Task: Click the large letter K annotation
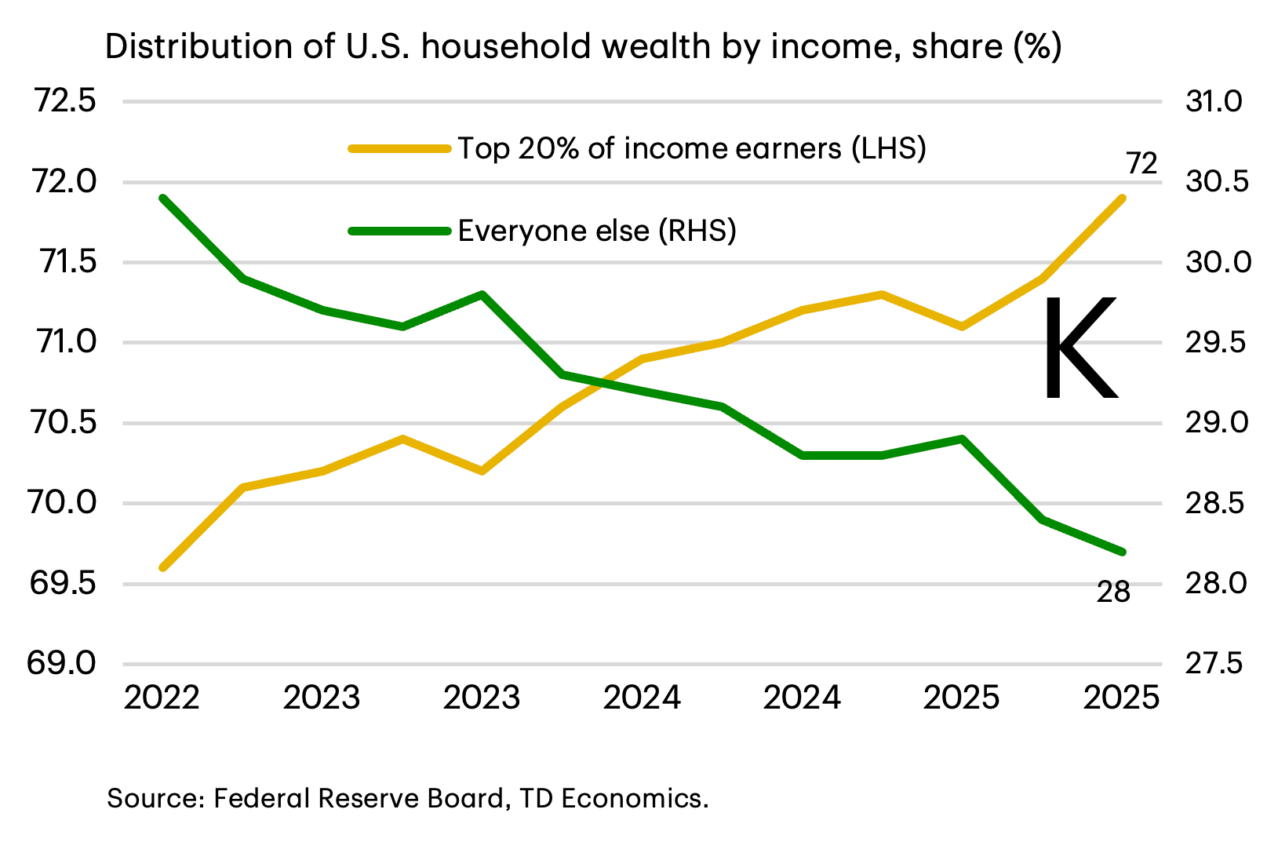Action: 1080,348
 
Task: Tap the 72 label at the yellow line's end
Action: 1141,164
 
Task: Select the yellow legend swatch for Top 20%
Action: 399,148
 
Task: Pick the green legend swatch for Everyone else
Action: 399,231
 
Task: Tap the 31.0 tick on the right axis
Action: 1214,101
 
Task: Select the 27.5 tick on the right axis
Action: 1214,664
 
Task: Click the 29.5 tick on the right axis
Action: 1214,343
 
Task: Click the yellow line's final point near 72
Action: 1123,198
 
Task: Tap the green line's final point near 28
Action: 1123,552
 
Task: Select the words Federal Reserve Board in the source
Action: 358,798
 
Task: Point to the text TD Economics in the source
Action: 613,798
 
